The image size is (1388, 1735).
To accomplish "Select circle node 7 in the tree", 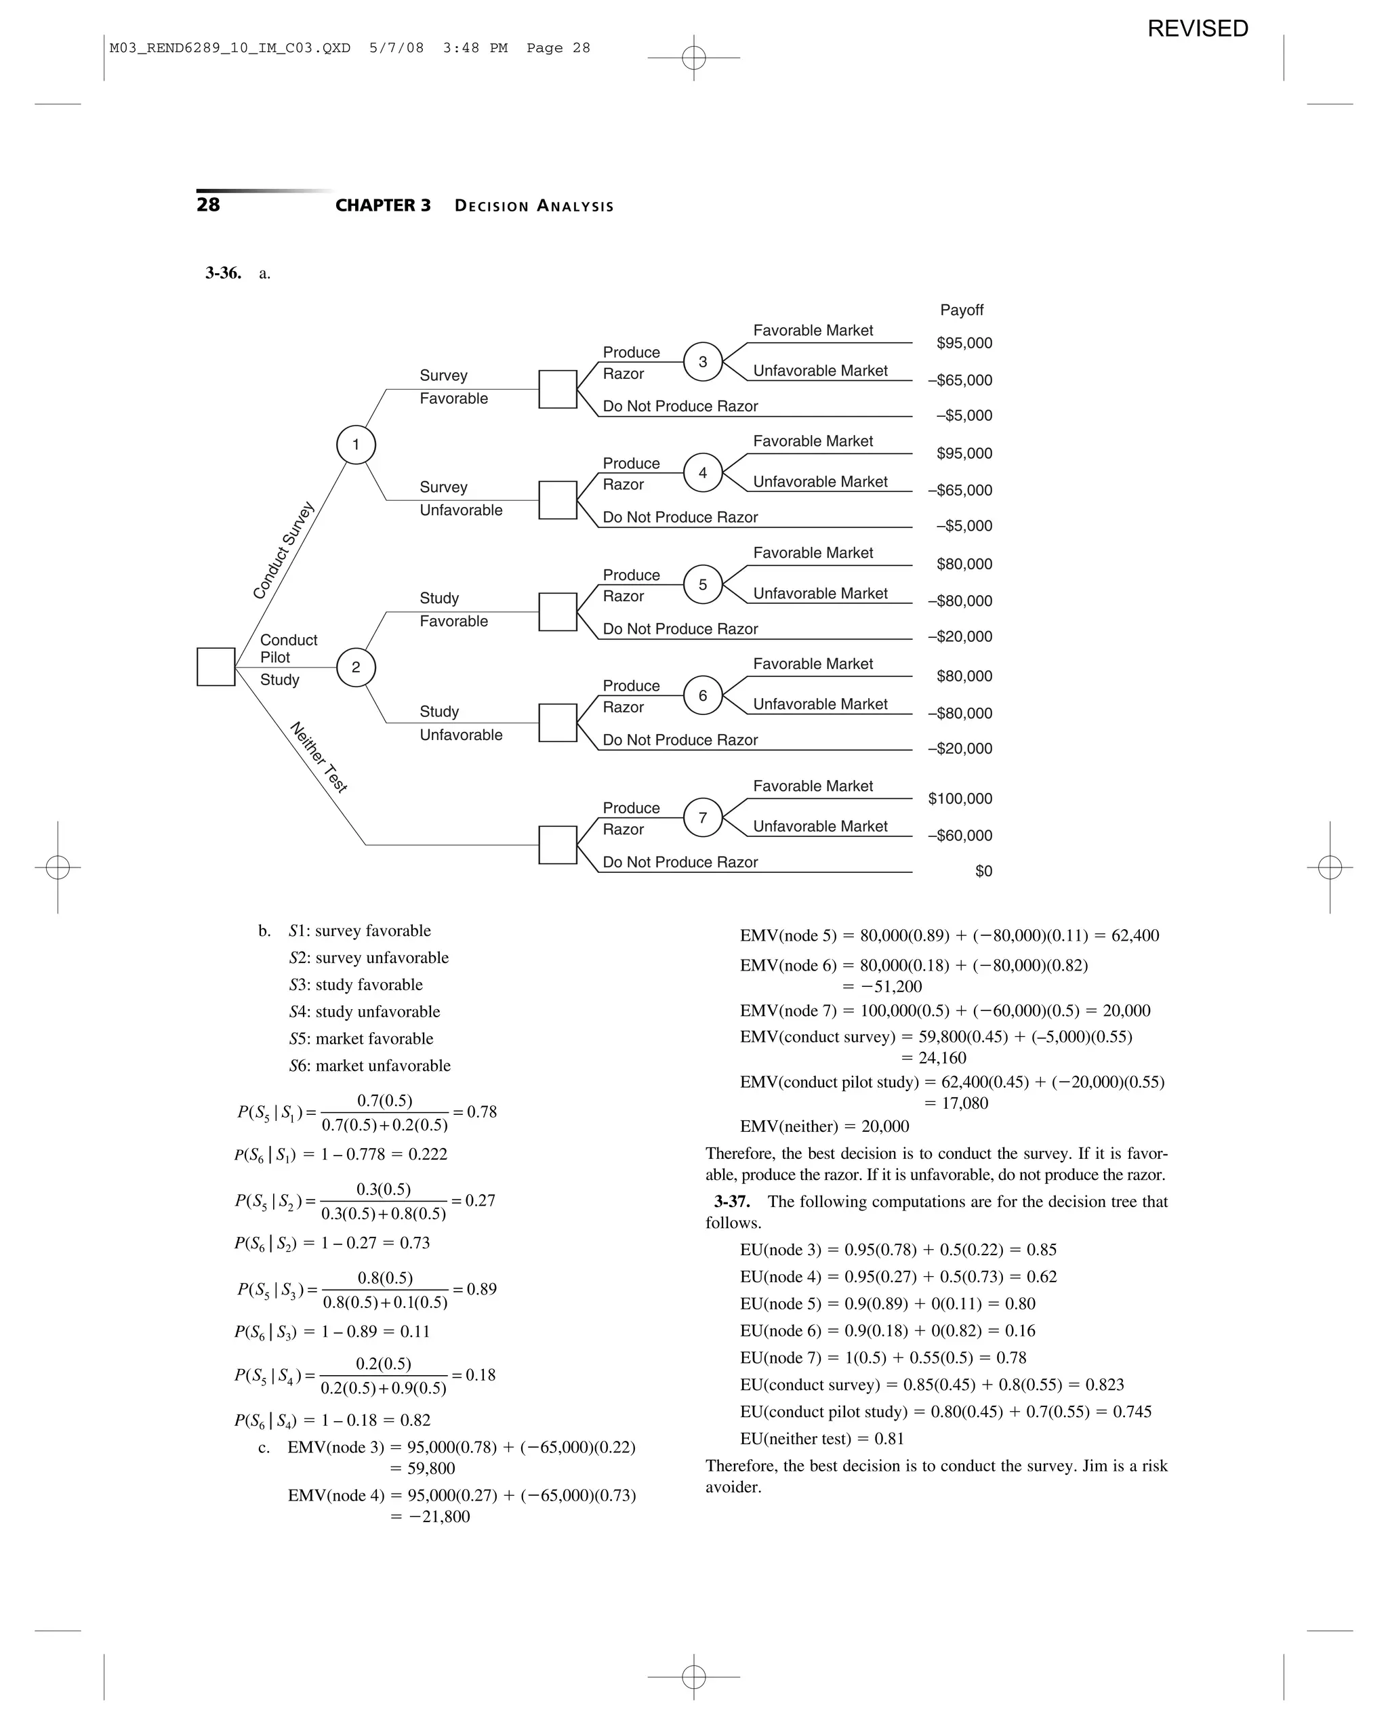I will click(702, 817).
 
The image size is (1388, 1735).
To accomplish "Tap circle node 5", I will click(702, 584).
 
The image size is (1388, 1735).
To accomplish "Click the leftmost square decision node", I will click(216, 667).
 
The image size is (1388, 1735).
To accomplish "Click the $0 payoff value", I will click(983, 872).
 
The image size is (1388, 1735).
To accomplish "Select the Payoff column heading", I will click(962, 310).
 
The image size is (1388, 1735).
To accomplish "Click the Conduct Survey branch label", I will click(283, 550).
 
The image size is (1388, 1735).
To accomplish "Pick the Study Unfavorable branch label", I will click(460, 722).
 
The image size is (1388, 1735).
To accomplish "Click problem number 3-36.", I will click(223, 274).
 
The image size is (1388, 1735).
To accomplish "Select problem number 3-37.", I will click(732, 1202).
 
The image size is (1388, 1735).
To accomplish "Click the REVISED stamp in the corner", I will click(1198, 29).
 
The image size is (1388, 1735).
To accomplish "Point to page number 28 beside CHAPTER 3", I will click(207, 205).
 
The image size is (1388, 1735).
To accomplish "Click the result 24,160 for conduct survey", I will click(933, 1058).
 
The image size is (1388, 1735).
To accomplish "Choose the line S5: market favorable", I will click(361, 1039).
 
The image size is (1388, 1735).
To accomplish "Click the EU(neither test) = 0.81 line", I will click(821, 1438).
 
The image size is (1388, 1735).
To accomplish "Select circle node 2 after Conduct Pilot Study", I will click(356, 667).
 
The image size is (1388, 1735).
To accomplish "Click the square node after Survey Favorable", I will click(558, 390).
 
